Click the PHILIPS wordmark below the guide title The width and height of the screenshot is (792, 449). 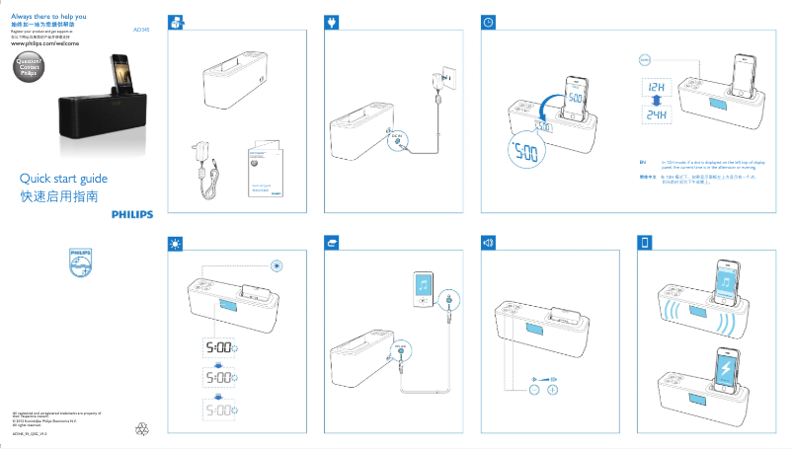130,212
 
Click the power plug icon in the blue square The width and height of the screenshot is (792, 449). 332,23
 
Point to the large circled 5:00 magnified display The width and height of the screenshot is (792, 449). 527,154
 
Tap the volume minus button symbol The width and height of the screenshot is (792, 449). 534,390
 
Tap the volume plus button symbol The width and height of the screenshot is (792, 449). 553,390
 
